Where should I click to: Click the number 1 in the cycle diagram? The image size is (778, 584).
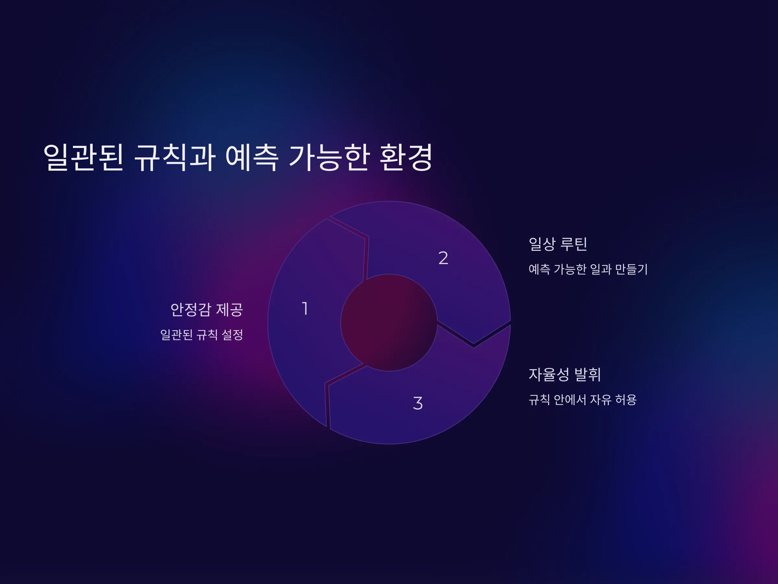(x=305, y=309)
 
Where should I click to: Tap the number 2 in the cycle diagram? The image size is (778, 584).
(x=443, y=258)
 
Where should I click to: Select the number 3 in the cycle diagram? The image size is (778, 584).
(x=418, y=403)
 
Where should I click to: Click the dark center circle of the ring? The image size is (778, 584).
(x=389, y=322)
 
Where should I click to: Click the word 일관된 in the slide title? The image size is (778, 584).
(x=83, y=157)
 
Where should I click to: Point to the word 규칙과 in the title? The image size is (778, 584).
(x=175, y=157)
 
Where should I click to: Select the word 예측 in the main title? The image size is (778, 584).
(x=252, y=157)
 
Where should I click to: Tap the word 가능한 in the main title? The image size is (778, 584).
(x=329, y=157)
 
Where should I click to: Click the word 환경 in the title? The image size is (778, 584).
(x=406, y=157)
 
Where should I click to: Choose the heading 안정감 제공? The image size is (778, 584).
(x=207, y=310)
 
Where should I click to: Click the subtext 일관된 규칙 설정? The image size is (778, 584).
(x=202, y=335)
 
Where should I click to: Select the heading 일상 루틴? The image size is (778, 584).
(x=558, y=244)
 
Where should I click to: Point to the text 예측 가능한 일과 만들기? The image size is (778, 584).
(x=588, y=269)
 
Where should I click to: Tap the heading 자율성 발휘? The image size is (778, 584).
(x=565, y=374)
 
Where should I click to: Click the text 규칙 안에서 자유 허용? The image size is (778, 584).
(x=583, y=399)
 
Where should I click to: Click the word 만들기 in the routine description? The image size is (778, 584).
(x=631, y=269)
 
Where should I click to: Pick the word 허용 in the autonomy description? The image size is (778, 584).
(x=626, y=399)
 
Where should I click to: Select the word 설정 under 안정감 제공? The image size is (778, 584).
(x=232, y=335)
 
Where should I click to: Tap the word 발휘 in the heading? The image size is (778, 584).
(x=587, y=374)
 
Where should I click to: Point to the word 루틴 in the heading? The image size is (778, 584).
(x=574, y=244)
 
